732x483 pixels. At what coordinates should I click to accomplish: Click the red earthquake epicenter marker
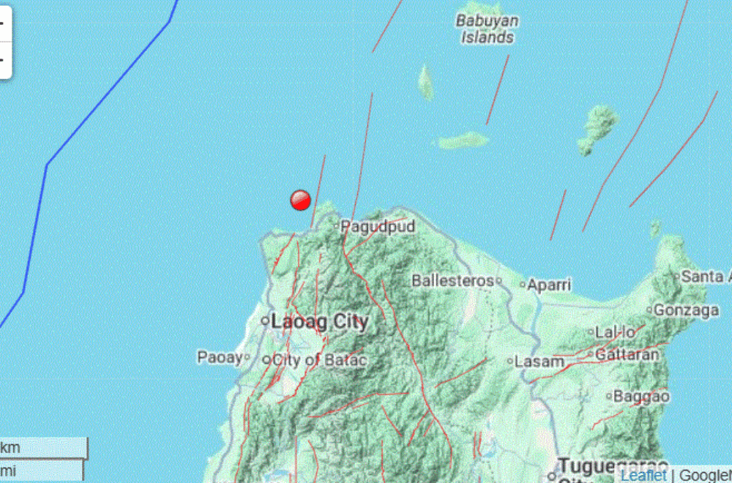click(301, 200)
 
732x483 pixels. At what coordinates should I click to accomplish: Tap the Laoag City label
click(319, 321)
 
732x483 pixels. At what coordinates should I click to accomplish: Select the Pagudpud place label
click(378, 227)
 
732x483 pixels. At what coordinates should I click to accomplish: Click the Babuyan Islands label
click(487, 29)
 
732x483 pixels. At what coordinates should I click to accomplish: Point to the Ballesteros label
click(452, 280)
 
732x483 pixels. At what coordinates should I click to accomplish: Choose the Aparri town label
click(549, 285)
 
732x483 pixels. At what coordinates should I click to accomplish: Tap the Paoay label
click(220, 358)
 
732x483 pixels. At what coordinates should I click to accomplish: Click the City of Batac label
click(319, 359)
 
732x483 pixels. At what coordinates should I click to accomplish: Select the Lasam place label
click(539, 362)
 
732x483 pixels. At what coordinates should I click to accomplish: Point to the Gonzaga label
click(686, 310)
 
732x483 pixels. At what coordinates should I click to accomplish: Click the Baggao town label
click(641, 397)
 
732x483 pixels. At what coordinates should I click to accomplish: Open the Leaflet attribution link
click(643, 475)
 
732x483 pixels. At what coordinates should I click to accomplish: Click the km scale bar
click(44, 447)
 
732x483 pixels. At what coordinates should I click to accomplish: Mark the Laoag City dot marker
click(265, 321)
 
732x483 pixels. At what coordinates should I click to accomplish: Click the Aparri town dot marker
click(523, 285)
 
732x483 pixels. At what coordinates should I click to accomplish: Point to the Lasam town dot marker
click(510, 361)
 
